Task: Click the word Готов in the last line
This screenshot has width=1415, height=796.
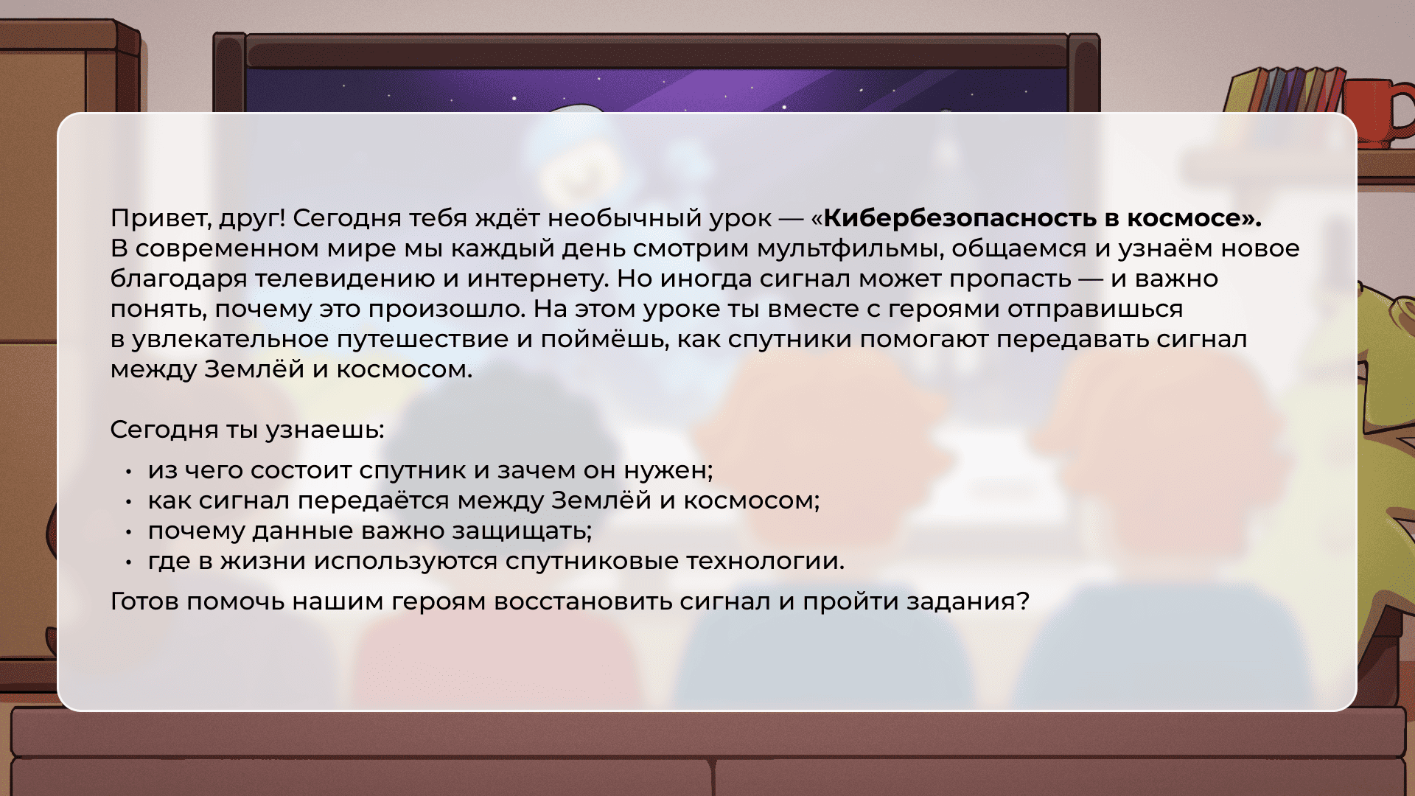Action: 144,601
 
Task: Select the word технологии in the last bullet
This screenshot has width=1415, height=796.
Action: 766,561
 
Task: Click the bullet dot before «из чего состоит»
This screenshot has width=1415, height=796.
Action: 128,471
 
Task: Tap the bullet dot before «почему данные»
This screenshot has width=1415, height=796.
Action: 128,531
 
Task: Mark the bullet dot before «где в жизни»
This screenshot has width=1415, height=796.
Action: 128,562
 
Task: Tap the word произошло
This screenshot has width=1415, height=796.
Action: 447,310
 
